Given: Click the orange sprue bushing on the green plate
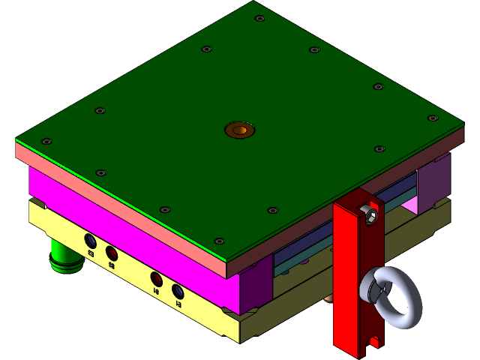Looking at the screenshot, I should (x=240, y=130).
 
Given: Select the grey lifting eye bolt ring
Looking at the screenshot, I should (x=391, y=299).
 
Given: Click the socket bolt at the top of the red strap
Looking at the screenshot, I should (x=368, y=215).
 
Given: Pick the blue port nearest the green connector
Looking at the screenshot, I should (x=90, y=241).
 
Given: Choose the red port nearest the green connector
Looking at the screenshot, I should (x=111, y=252).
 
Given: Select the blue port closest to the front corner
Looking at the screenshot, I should (x=178, y=291).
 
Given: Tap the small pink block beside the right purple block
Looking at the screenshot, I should (x=410, y=204).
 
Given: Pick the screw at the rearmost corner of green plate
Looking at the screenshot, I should (x=259, y=19).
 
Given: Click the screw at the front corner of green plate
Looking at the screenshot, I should (x=219, y=241).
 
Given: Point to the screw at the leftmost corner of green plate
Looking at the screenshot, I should (x=46, y=141).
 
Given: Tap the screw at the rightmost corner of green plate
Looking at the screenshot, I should (x=432, y=118).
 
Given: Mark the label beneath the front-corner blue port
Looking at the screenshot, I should (x=178, y=304).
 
